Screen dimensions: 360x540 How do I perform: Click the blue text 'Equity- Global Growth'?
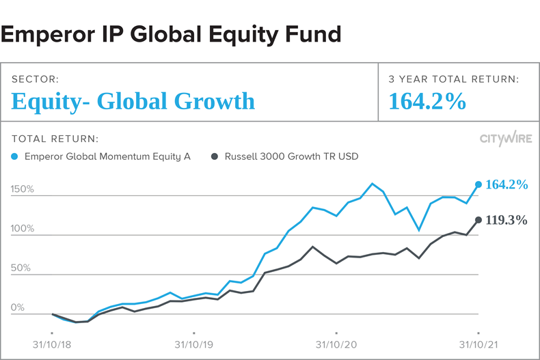133,102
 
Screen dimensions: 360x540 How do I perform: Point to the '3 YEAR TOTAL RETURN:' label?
454,79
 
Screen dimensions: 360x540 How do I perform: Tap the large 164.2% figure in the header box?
427,102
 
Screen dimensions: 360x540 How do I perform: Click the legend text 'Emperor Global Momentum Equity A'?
107,156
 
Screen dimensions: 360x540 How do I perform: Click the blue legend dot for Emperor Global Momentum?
16,156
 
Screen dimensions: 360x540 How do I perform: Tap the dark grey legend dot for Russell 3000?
215,156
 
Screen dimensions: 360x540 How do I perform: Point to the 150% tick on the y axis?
22,189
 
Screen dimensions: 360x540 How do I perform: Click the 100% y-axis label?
22,229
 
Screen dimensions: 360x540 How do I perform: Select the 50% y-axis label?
21,268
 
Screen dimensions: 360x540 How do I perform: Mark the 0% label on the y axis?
18,307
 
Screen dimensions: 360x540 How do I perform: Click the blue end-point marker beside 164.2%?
478,184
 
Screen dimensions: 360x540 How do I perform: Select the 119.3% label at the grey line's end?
507,221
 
